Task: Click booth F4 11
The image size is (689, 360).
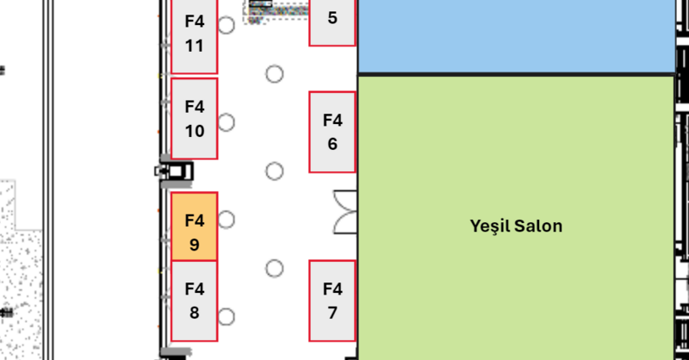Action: point(195,33)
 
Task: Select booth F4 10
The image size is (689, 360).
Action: point(195,118)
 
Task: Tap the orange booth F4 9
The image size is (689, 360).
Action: point(195,226)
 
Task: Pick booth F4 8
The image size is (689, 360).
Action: point(195,301)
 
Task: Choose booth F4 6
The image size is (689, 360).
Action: point(332,132)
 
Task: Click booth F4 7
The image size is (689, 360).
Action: point(332,301)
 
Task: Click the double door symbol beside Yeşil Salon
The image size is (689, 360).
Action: point(345,212)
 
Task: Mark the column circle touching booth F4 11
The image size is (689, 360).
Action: point(226,25)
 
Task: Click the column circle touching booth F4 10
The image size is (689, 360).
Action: point(226,122)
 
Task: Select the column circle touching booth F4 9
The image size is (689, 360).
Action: point(226,220)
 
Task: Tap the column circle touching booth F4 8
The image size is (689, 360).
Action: point(226,316)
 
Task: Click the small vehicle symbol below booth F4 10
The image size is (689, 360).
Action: point(175,171)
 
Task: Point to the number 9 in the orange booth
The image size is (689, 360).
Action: point(195,245)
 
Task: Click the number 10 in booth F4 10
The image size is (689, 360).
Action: point(195,132)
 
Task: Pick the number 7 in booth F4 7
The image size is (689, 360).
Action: point(332,313)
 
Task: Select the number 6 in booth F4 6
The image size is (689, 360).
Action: point(332,144)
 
